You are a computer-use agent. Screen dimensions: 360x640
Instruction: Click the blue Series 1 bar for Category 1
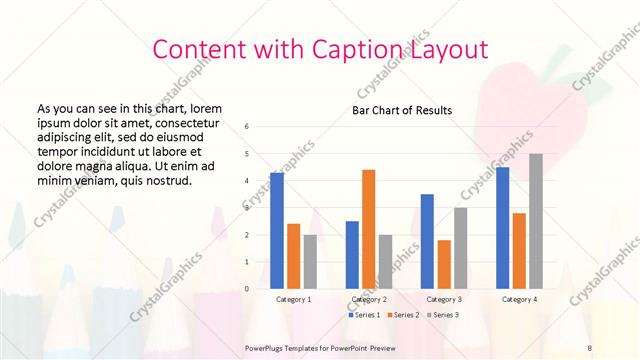pyautogui.click(x=277, y=231)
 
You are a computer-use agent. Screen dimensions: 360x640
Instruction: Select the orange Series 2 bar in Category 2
pyautogui.click(x=368, y=229)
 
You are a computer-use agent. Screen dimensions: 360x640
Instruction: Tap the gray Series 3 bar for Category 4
pyautogui.click(x=536, y=221)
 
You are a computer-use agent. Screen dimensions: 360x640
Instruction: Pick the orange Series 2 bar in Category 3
pyautogui.click(x=444, y=264)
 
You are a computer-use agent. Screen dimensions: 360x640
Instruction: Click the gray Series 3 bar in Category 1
pyautogui.click(x=310, y=262)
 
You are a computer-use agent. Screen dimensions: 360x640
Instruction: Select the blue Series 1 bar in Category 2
pyautogui.click(x=352, y=255)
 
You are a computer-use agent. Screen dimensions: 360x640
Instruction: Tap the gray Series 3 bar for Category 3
pyautogui.click(x=460, y=248)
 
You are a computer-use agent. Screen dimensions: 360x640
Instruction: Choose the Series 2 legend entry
pyautogui.click(x=403, y=315)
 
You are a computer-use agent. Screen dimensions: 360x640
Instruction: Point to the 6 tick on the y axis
pyautogui.click(x=247, y=127)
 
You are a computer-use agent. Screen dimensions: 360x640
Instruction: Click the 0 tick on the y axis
pyautogui.click(x=247, y=289)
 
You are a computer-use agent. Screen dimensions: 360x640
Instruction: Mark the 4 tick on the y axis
pyautogui.click(x=247, y=181)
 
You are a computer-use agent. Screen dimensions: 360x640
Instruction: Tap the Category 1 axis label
pyautogui.click(x=293, y=299)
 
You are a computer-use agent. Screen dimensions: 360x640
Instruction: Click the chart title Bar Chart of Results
pyautogui.click(x=402, y=110)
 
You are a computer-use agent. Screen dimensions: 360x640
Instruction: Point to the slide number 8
pyautogui.click(x=590, y=347)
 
